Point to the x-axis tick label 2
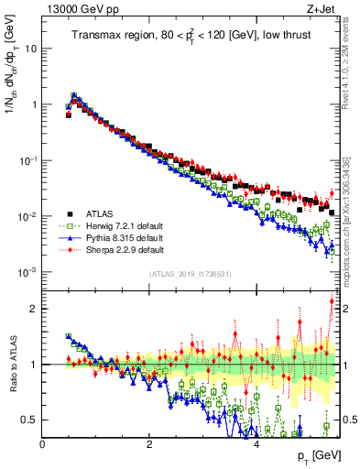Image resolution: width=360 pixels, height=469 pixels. (x=149, y=444)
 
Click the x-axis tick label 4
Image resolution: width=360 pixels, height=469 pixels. (x=256, y=444)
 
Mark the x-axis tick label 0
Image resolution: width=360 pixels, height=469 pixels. (x=42, y=444)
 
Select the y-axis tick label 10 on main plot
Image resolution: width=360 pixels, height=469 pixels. (x=28, y=48)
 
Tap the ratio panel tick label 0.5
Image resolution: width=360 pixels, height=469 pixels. (x=27, y=420)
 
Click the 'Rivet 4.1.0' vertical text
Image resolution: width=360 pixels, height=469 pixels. (x=350, y=64)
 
